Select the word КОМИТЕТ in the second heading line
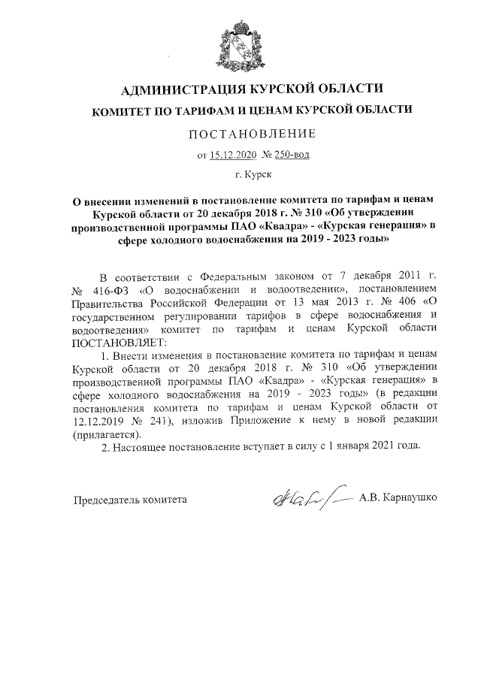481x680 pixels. pos(123,110)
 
